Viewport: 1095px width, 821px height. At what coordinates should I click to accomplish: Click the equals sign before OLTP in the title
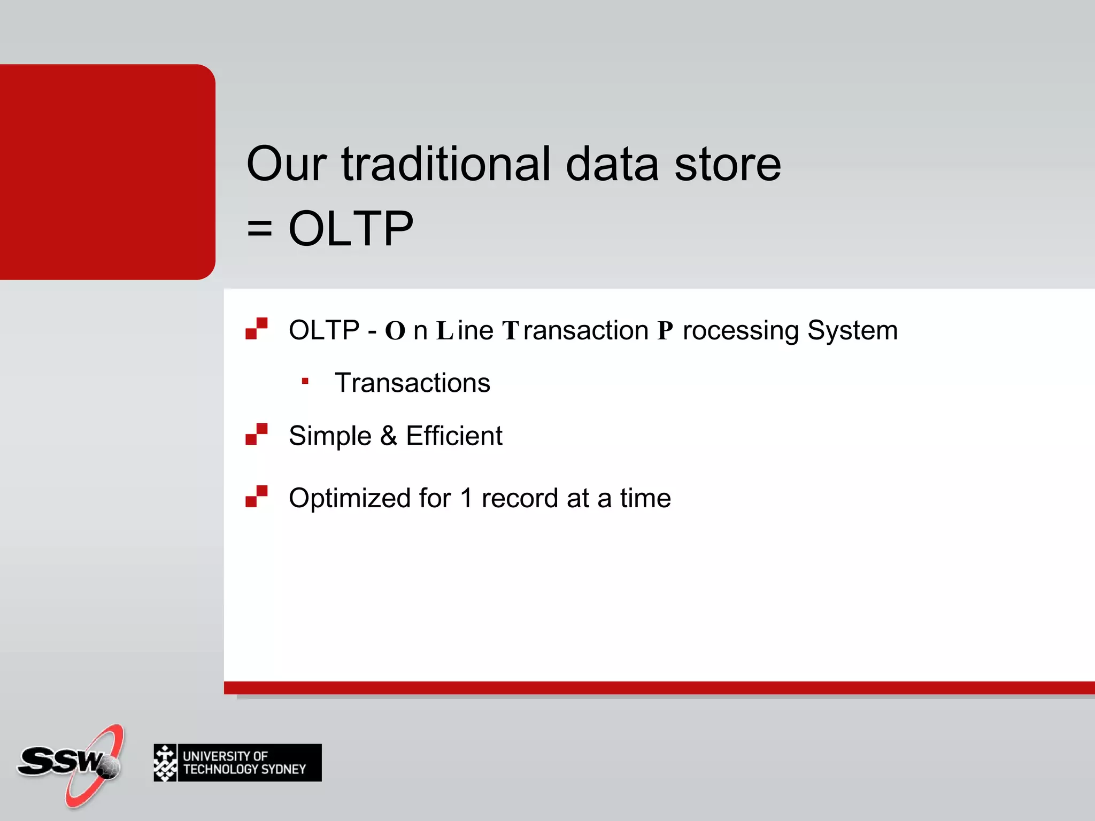(260, 229)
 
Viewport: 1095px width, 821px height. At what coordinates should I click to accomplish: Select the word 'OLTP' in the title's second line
(351, 229)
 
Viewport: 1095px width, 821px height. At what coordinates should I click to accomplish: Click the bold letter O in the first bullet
(395, 331)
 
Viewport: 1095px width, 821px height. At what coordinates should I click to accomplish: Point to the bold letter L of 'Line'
(445, 331)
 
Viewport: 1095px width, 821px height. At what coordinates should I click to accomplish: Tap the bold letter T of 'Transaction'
(510, 331)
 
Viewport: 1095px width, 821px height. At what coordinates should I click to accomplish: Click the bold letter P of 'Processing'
(665, 331)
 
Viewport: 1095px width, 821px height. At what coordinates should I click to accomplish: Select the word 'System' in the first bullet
(852, 330)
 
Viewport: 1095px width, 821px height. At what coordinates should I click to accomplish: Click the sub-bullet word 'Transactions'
(412, 383)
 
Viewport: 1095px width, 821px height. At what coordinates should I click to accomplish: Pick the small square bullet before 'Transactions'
(305, 381)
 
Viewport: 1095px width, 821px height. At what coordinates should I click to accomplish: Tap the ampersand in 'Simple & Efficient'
(389, 436)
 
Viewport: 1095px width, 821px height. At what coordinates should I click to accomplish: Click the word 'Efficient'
(454, 436)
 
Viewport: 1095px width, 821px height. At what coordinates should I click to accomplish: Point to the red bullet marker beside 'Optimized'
(257, 497)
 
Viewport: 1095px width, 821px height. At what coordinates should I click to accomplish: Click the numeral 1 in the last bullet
(466, 498)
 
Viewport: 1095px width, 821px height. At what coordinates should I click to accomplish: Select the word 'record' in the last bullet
(520, 498)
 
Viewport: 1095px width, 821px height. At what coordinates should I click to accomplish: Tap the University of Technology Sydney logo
(237, 763)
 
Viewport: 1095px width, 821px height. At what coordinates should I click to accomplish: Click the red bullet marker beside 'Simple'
(257, 434)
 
